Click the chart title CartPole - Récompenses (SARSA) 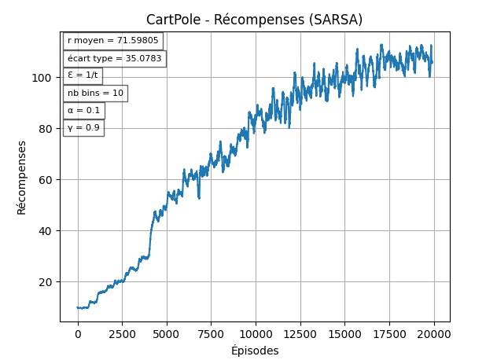[x=254, y=20]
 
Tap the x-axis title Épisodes [x=254, y=351]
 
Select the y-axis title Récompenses [x=22, y=177]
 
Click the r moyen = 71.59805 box [x=112, y=41]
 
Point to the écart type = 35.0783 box [x=114, y=58]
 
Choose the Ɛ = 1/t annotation [x=83, y=75]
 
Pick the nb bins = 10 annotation [x=95, y=93]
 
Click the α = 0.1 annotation [x=83, y=110]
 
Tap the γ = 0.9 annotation [x=83, y=127]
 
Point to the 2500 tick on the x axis [x=122, y=333]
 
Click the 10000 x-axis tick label [x=255, y=333]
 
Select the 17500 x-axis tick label [x=388, y=333]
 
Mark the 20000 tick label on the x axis [x=433, y=333]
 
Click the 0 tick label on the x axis [x=78, y=333]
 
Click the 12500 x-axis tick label [x=300, y=333]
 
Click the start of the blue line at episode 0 [x=78, y=307]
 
